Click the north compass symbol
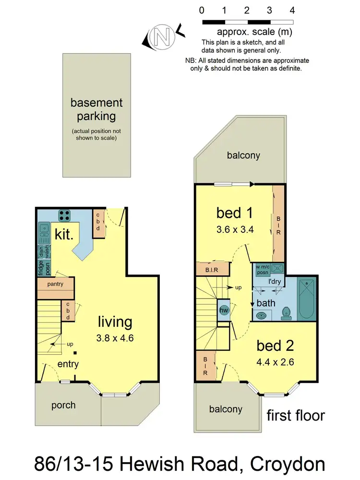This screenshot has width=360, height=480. point(159,36)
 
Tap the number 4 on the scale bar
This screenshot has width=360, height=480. point(292,10)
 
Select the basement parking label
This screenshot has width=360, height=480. point(96,109)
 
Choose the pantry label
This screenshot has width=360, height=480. point(56,284)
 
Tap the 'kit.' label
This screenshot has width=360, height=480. point(64,235)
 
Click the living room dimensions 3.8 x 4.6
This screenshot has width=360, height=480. point(115,338)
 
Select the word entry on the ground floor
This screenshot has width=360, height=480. point(68,364)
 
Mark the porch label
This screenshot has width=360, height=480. point(63,405)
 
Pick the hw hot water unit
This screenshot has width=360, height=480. point(223,310)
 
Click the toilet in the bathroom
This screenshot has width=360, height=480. point(287,312)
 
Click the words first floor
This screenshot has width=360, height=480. point(296,415)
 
